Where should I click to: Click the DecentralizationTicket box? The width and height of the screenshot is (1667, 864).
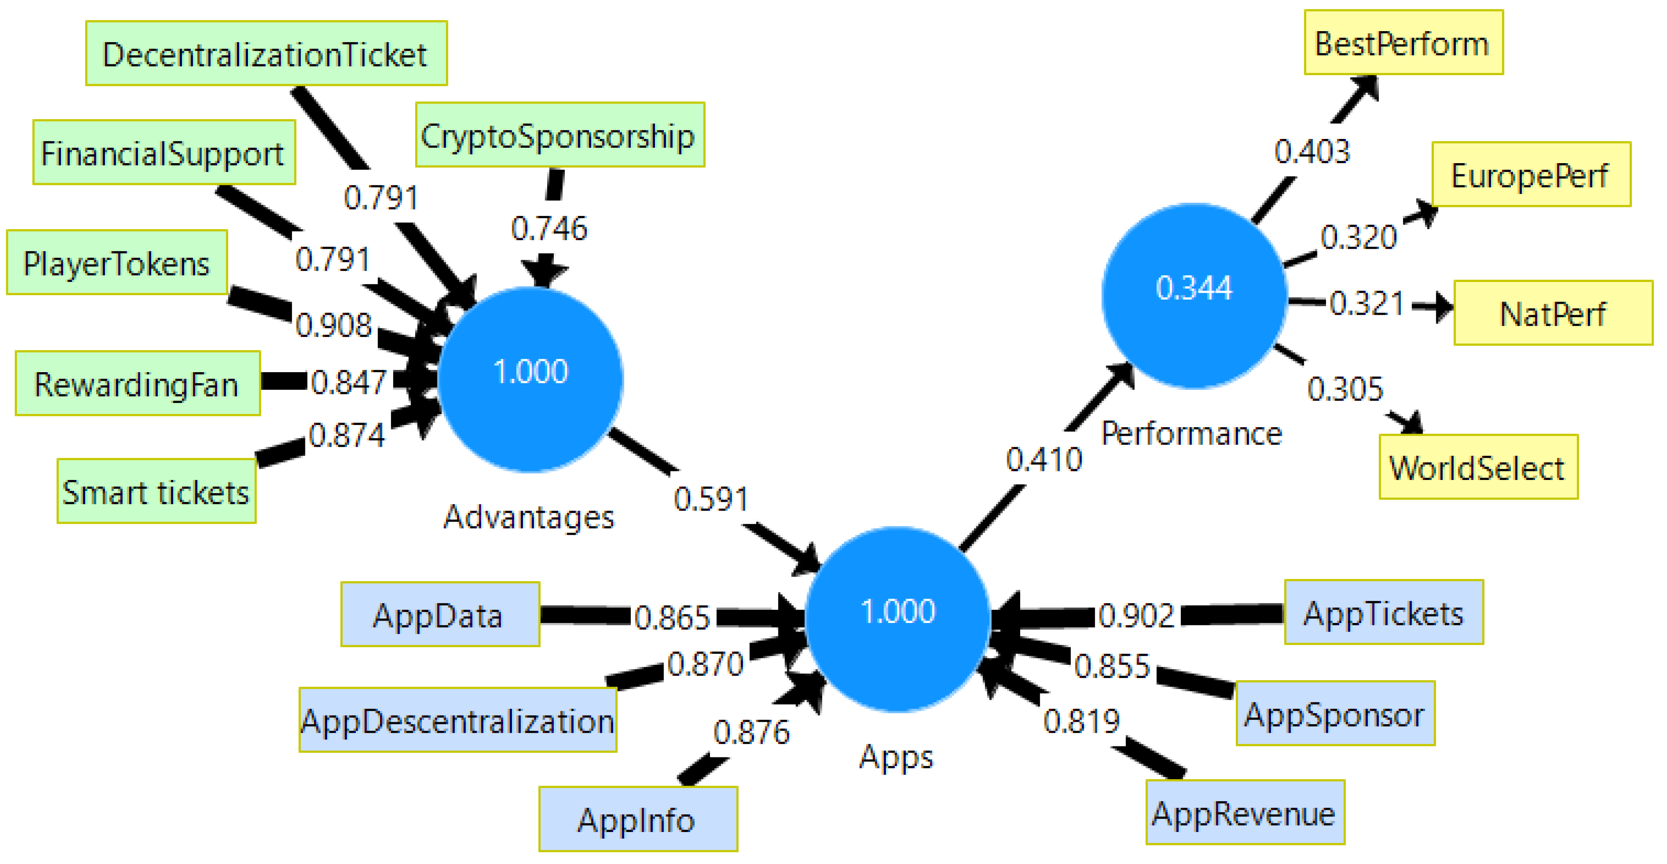266,54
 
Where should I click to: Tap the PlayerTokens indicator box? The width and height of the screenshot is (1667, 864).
117,263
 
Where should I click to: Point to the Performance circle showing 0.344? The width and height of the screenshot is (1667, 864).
1194,296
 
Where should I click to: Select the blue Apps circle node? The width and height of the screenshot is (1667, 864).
898,619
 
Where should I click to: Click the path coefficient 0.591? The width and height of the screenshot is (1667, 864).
711,499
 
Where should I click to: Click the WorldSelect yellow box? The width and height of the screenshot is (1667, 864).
1478,467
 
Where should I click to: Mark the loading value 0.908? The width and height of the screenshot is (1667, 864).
334,325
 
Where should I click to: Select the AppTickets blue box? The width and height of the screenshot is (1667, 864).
1383,613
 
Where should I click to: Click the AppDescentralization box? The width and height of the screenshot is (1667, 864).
457,720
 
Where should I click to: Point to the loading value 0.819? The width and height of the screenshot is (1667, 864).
1081,721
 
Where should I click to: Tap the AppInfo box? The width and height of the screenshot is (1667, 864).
637,819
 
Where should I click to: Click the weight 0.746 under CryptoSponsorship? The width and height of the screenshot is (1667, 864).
549,228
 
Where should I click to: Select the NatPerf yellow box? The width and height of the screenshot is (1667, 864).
1553,314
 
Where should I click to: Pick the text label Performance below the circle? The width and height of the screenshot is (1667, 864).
1192,434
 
